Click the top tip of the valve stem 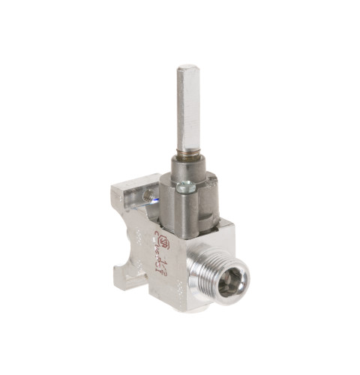coord(188,69)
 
